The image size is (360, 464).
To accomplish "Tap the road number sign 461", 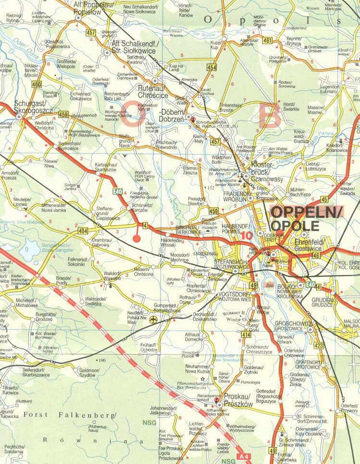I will [x=267, y=41].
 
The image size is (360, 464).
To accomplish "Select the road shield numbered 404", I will [x=83, y=231].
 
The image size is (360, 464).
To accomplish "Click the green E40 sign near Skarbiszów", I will [x=118, y=191].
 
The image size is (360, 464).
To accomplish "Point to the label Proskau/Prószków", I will [x=238, y=401].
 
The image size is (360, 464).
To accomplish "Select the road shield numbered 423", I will [x=319, y=345].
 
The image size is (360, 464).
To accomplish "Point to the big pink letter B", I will [x=270, y=116].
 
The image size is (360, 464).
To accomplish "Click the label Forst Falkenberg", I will [x=70, y=415].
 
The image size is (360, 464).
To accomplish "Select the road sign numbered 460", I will [x=37, y=84].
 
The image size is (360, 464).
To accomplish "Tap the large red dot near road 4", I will [x=136, y=238].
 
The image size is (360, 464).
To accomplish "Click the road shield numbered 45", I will [x=324, y=200].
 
